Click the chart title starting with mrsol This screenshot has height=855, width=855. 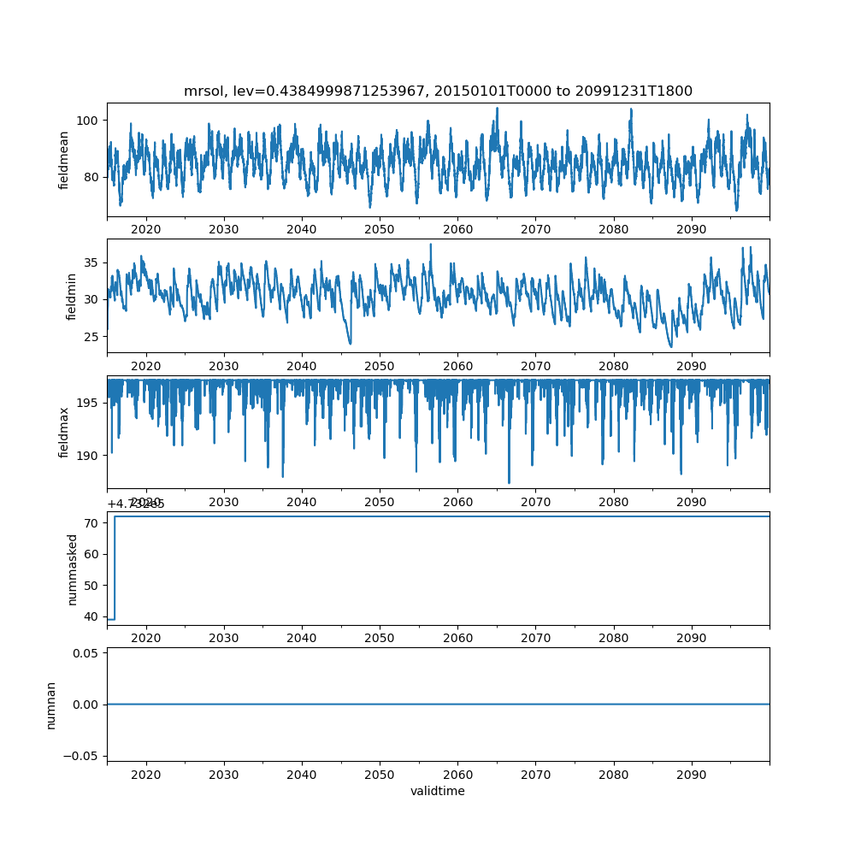(x=438, y=91)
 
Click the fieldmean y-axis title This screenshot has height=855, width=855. (x=64, y=160)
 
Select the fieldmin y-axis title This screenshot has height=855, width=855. (x=71, y=296)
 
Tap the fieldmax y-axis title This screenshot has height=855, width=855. (x=64, y=430)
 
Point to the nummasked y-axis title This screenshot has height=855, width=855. (x=73, y=569)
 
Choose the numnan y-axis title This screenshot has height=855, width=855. (x=50, y=705)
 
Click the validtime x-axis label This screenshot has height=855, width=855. (x=438, y=791)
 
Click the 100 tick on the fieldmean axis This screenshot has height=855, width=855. (x=90, y=120)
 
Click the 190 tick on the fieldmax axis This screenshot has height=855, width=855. (x=89, y=455)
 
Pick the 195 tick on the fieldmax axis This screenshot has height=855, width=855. (x=89, y=403)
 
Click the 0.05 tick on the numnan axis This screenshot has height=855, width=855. (x=86, y=653)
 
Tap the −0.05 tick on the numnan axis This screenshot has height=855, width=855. (x=82, y=756)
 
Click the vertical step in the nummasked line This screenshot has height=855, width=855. (x=115, y=568)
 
